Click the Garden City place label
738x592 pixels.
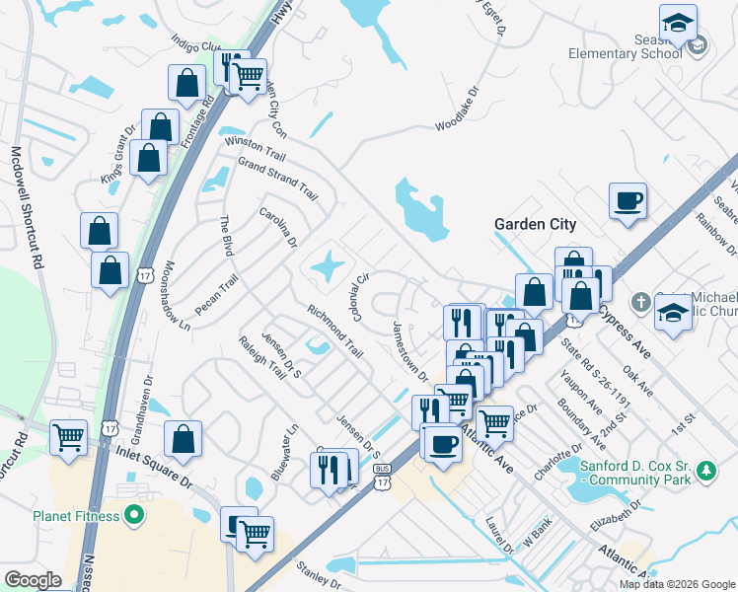535,225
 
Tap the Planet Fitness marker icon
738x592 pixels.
138,515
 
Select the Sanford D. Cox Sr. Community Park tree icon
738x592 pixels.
706,473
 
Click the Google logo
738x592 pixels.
33,580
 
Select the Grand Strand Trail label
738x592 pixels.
278,178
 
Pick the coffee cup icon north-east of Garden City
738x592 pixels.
628,201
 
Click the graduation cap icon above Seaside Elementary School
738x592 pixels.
678,23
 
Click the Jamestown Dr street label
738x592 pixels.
411,351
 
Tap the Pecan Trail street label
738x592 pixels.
216,295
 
